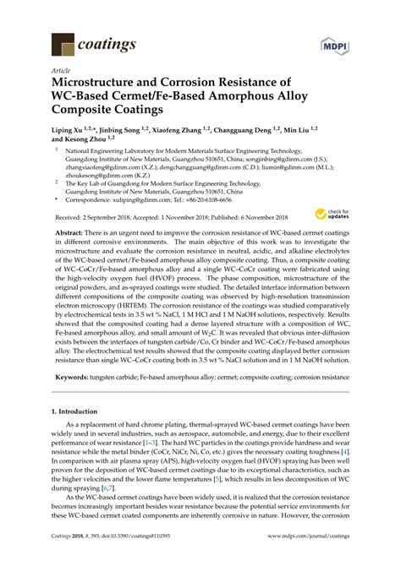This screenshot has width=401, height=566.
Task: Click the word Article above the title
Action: pos(61,72)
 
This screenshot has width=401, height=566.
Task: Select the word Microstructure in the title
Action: pos(96,84)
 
